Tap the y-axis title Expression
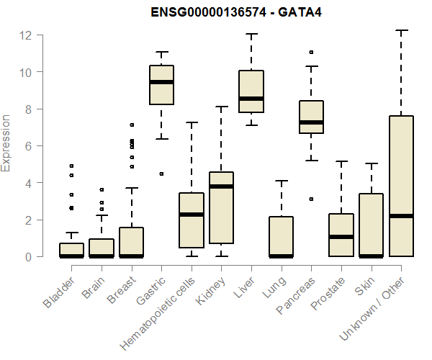pyautogui.click(x=6, y=143)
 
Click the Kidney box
pyautogui.click(x=221, y=207)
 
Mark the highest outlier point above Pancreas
pyautogui.click(x=311, y=53)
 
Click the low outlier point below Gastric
pyautogui.click(x=161, y=174)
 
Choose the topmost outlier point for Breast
pyautogui.click(x=131, y=125)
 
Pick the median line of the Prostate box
pyautogui.click(x=341, y=237)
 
